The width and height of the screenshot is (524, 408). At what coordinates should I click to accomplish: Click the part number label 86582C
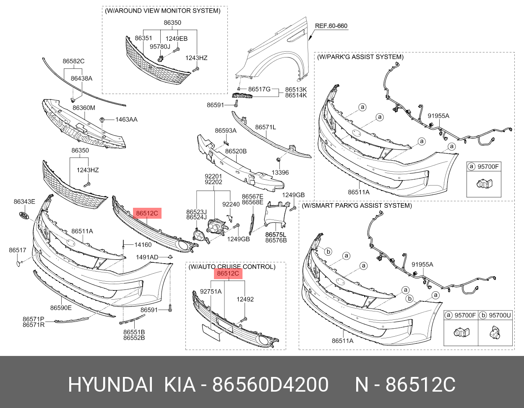click(73, 61)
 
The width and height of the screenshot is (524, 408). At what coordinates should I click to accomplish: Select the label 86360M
click(83, 108)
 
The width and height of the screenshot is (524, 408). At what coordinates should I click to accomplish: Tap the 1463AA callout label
click(126, 120)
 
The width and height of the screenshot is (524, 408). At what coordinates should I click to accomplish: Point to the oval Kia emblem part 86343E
click(24, 215)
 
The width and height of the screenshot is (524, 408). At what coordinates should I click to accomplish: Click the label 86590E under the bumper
click(61, 308)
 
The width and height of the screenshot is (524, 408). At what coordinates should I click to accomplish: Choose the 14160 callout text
click(143, 245)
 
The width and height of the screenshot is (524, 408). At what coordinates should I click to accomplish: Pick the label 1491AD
click(147, 257)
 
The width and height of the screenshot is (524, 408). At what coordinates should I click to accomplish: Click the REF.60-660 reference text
click(331, 26)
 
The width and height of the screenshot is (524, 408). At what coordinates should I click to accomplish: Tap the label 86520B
click(235, 151)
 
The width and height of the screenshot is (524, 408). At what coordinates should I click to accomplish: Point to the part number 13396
click(280, 173)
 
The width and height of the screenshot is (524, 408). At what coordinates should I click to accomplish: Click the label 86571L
click(266, 127)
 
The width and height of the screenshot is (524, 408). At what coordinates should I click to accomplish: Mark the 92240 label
click(231, 204)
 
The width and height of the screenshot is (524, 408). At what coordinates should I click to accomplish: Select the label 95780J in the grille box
click(160, 47)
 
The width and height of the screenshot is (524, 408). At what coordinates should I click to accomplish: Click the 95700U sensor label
click(500, 315)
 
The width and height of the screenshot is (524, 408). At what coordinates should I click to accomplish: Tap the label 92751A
click(211, 291)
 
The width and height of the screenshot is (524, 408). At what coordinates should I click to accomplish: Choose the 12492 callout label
click(245, 299)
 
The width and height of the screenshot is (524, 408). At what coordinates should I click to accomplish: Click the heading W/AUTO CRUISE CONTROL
click(232, 267)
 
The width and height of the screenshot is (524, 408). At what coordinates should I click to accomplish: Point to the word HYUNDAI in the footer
click(110, 384)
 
